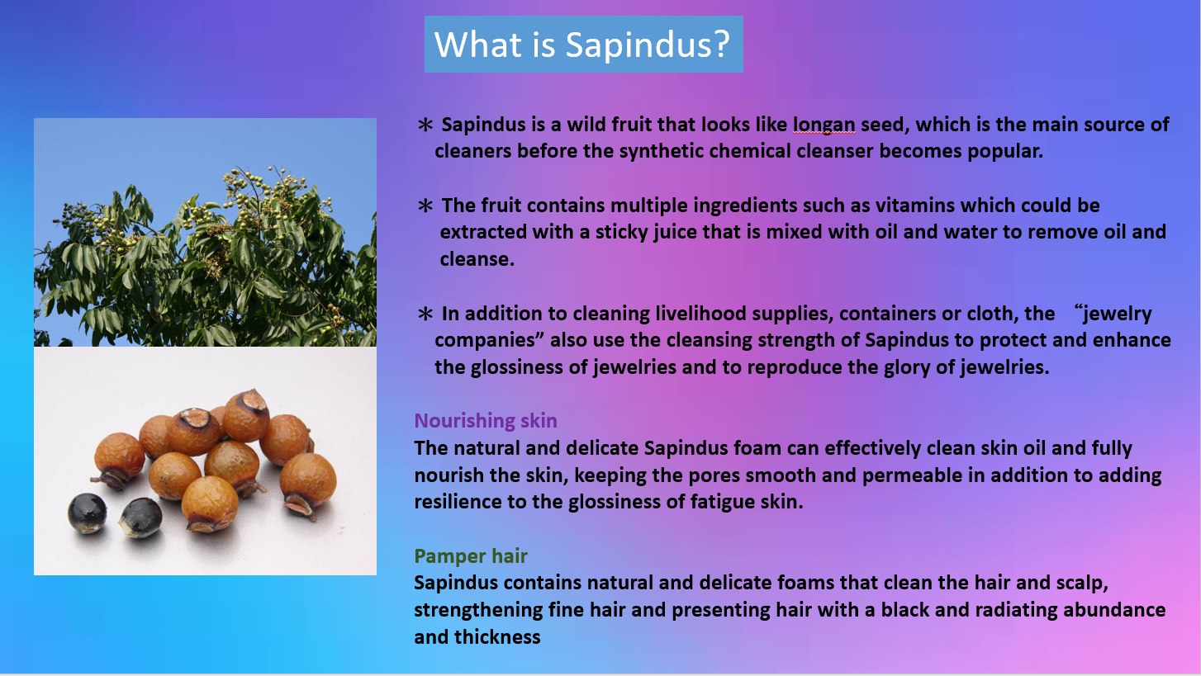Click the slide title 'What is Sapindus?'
tap(582, 44)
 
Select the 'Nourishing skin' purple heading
tap(486, 421)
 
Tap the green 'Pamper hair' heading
tap(471, 556)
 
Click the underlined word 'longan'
tap(824, 125)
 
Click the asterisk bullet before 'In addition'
tap(425, 314)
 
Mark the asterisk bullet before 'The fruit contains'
tap(425, 206)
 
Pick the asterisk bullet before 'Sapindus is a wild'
tap(425, 125)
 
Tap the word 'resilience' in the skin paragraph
tap(459, 502)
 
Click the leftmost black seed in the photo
tap(87, 513)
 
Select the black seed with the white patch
tap(140, 518)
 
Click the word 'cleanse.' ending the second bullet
tap(477, 260)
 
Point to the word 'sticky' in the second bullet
tap(621, 233)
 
